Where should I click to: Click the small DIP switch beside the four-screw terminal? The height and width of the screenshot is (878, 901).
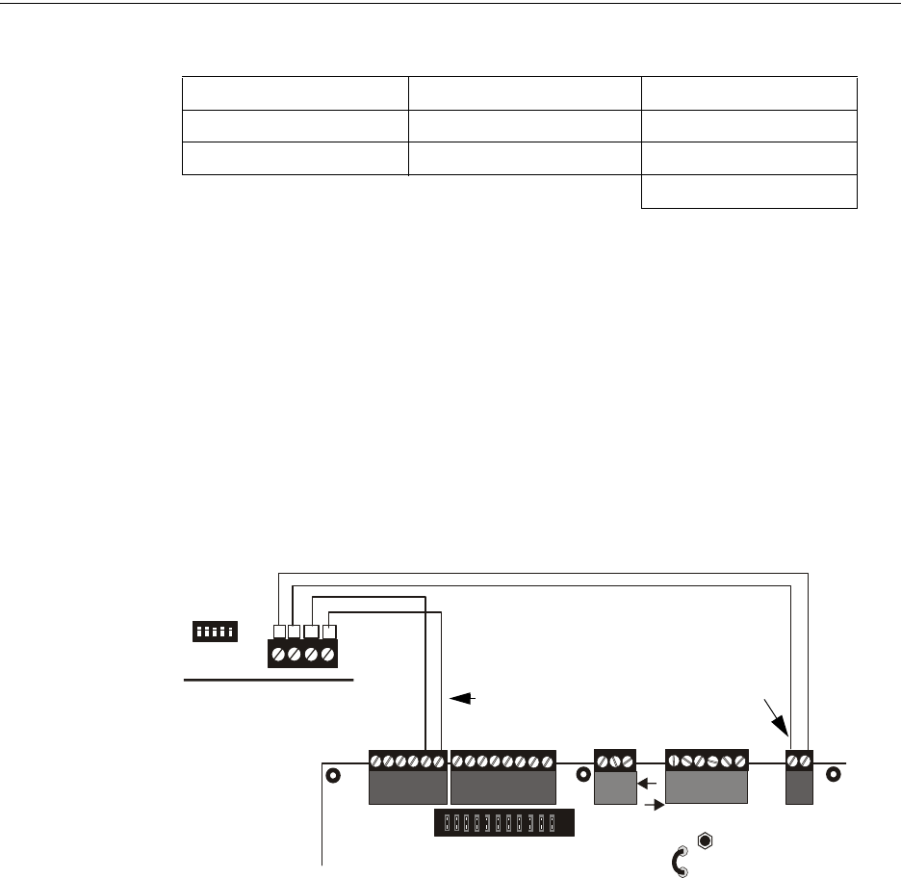(216, 632)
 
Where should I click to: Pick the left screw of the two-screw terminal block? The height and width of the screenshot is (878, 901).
(794, 762)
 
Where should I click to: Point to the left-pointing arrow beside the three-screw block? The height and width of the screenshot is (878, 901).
(649, 784)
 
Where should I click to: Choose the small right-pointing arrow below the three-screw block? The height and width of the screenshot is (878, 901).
(654, 803)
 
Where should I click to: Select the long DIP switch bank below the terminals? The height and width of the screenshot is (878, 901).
(503, 823)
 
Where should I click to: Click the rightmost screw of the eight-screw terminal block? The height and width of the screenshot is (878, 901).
(547, 762)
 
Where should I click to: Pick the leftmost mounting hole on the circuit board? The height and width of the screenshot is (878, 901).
(333, 775)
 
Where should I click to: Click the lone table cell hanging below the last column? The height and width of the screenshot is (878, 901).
(749, 193)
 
